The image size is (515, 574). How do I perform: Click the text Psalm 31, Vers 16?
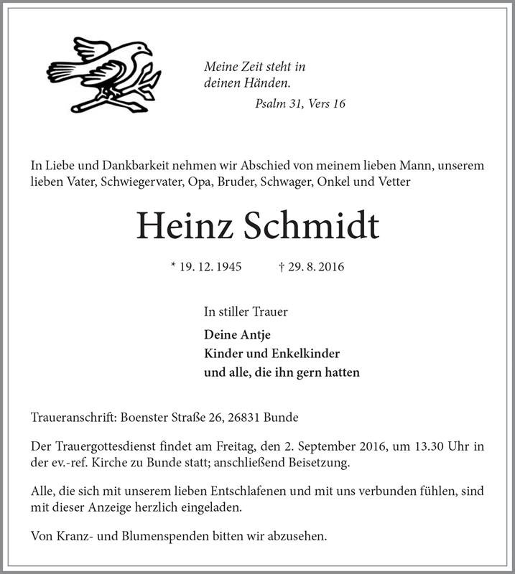coord(300,104)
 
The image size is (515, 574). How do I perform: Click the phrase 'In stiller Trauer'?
coord(246,312)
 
